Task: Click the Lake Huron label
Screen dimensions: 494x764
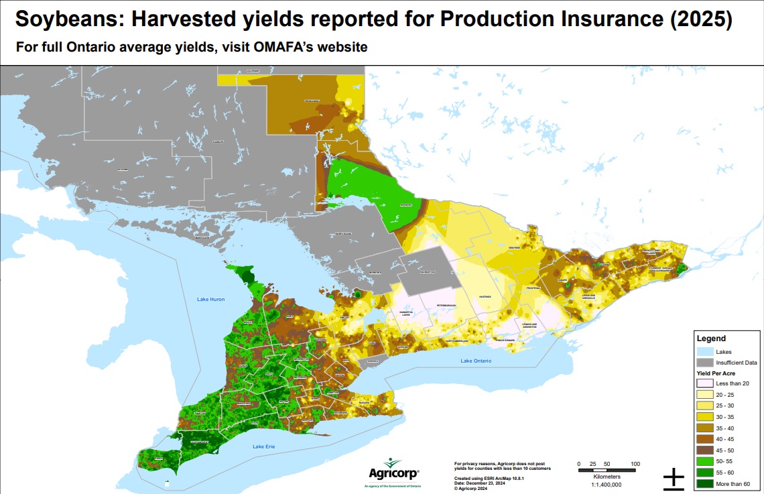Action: click(211, 299)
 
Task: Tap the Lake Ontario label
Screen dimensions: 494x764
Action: click(475, 361)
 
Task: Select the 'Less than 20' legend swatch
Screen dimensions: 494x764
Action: click(704, 383)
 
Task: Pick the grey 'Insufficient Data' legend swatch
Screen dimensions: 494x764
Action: click(704, 362)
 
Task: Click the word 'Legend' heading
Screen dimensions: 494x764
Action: click(711, 339)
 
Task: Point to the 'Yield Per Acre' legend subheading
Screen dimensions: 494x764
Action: click(718, 373)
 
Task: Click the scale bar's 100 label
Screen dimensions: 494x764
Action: click(635, 464)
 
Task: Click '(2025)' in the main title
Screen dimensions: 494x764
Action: click(701, 20)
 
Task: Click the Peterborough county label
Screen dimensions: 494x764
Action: click(437, 306)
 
